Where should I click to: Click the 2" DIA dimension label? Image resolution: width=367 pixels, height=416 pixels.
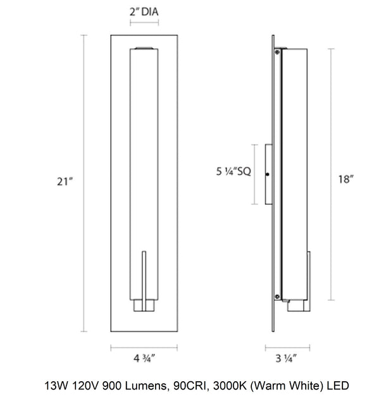pos(144,11)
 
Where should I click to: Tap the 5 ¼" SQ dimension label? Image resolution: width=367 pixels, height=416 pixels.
pos(232,171)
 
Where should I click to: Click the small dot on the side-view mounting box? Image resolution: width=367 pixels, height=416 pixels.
pos(268,174)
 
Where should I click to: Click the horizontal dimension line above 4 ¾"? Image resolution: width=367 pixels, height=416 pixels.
pos(144,347)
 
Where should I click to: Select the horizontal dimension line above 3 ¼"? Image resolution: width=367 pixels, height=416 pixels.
pos(287,347)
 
